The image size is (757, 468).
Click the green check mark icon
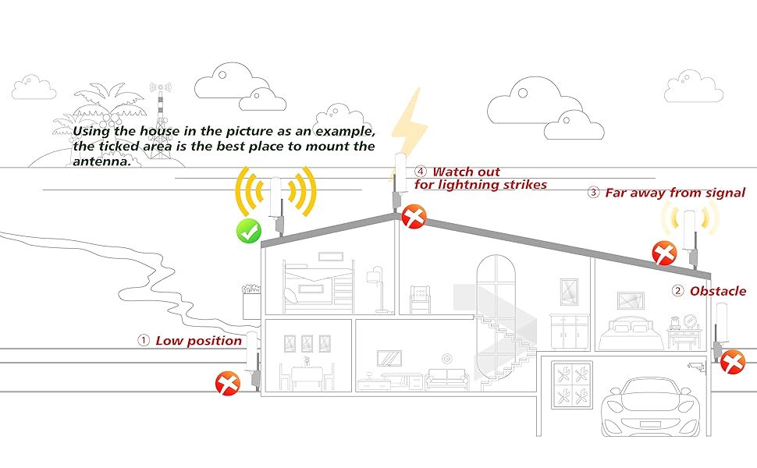pyautogui.click(x=249, y=230)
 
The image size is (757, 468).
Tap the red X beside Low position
pyautogui.click(x=227, y=383)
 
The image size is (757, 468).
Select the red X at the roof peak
pyautogui.click(x=414, y=215)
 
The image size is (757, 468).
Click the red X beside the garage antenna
pyautogui.click(x=732, y=362)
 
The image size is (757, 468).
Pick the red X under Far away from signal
pyautogui.click(x=664, y=252)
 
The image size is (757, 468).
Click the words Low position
pyautogui.click(x=198, y=340)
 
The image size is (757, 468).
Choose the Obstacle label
pyautogui.click(x=717, y=291)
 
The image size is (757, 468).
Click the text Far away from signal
pyautogui.click(x=675, y=192)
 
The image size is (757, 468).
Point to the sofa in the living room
pyautogui.click(x=447, y=378)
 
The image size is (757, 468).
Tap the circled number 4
pyautogui.click(x=421, y=172)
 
